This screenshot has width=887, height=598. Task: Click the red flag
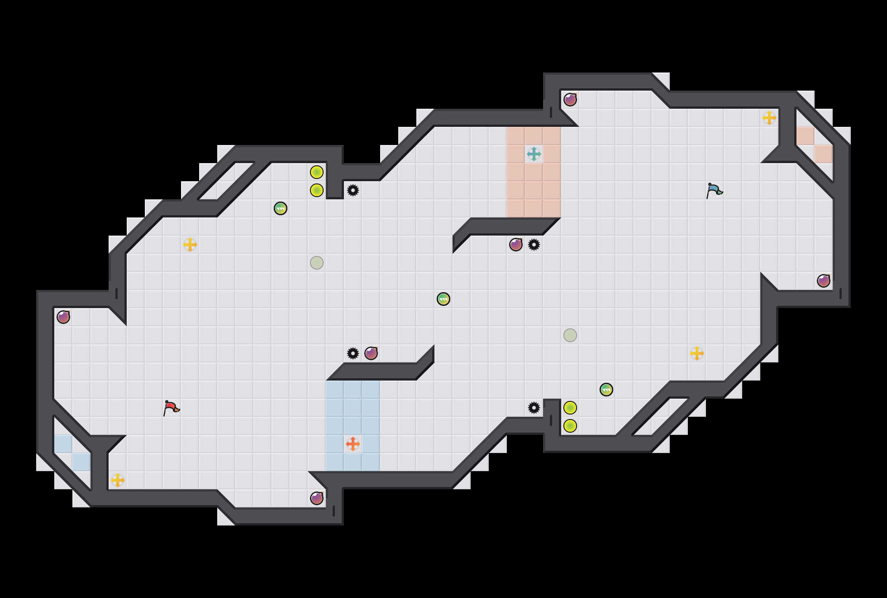tap(171, 408)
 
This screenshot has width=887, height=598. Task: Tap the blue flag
tap(714, 190)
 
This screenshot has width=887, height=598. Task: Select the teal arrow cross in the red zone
tap(534, 154)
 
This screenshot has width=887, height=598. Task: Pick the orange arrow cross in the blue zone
tap(353, 444)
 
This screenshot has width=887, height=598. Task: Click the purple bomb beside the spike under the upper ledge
tap(516, 245)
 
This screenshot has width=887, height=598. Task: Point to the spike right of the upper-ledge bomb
tap(534, 245)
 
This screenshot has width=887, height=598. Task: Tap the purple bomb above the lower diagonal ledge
tap(371, 353)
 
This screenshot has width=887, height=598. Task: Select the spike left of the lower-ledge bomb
tap(353, 353)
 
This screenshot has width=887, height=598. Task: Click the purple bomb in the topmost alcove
tap(570, 100)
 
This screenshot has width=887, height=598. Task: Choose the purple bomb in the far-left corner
tap(63, 317)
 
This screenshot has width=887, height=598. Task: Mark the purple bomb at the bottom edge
tap(317, 498)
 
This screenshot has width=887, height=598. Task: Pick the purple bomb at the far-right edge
tap(824, 281)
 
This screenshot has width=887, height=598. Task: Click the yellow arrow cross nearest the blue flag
tap(769, 118)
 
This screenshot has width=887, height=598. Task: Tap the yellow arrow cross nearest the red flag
tap(118, 480)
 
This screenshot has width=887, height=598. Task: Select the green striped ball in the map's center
tap(443, 299)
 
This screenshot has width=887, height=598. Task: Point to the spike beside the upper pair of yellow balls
tap(353, 190)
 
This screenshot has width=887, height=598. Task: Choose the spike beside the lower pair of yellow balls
tap(534, 408)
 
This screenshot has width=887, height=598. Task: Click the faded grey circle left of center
tap(317, 263)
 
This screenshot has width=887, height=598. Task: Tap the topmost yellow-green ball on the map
tap(317, 172)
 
